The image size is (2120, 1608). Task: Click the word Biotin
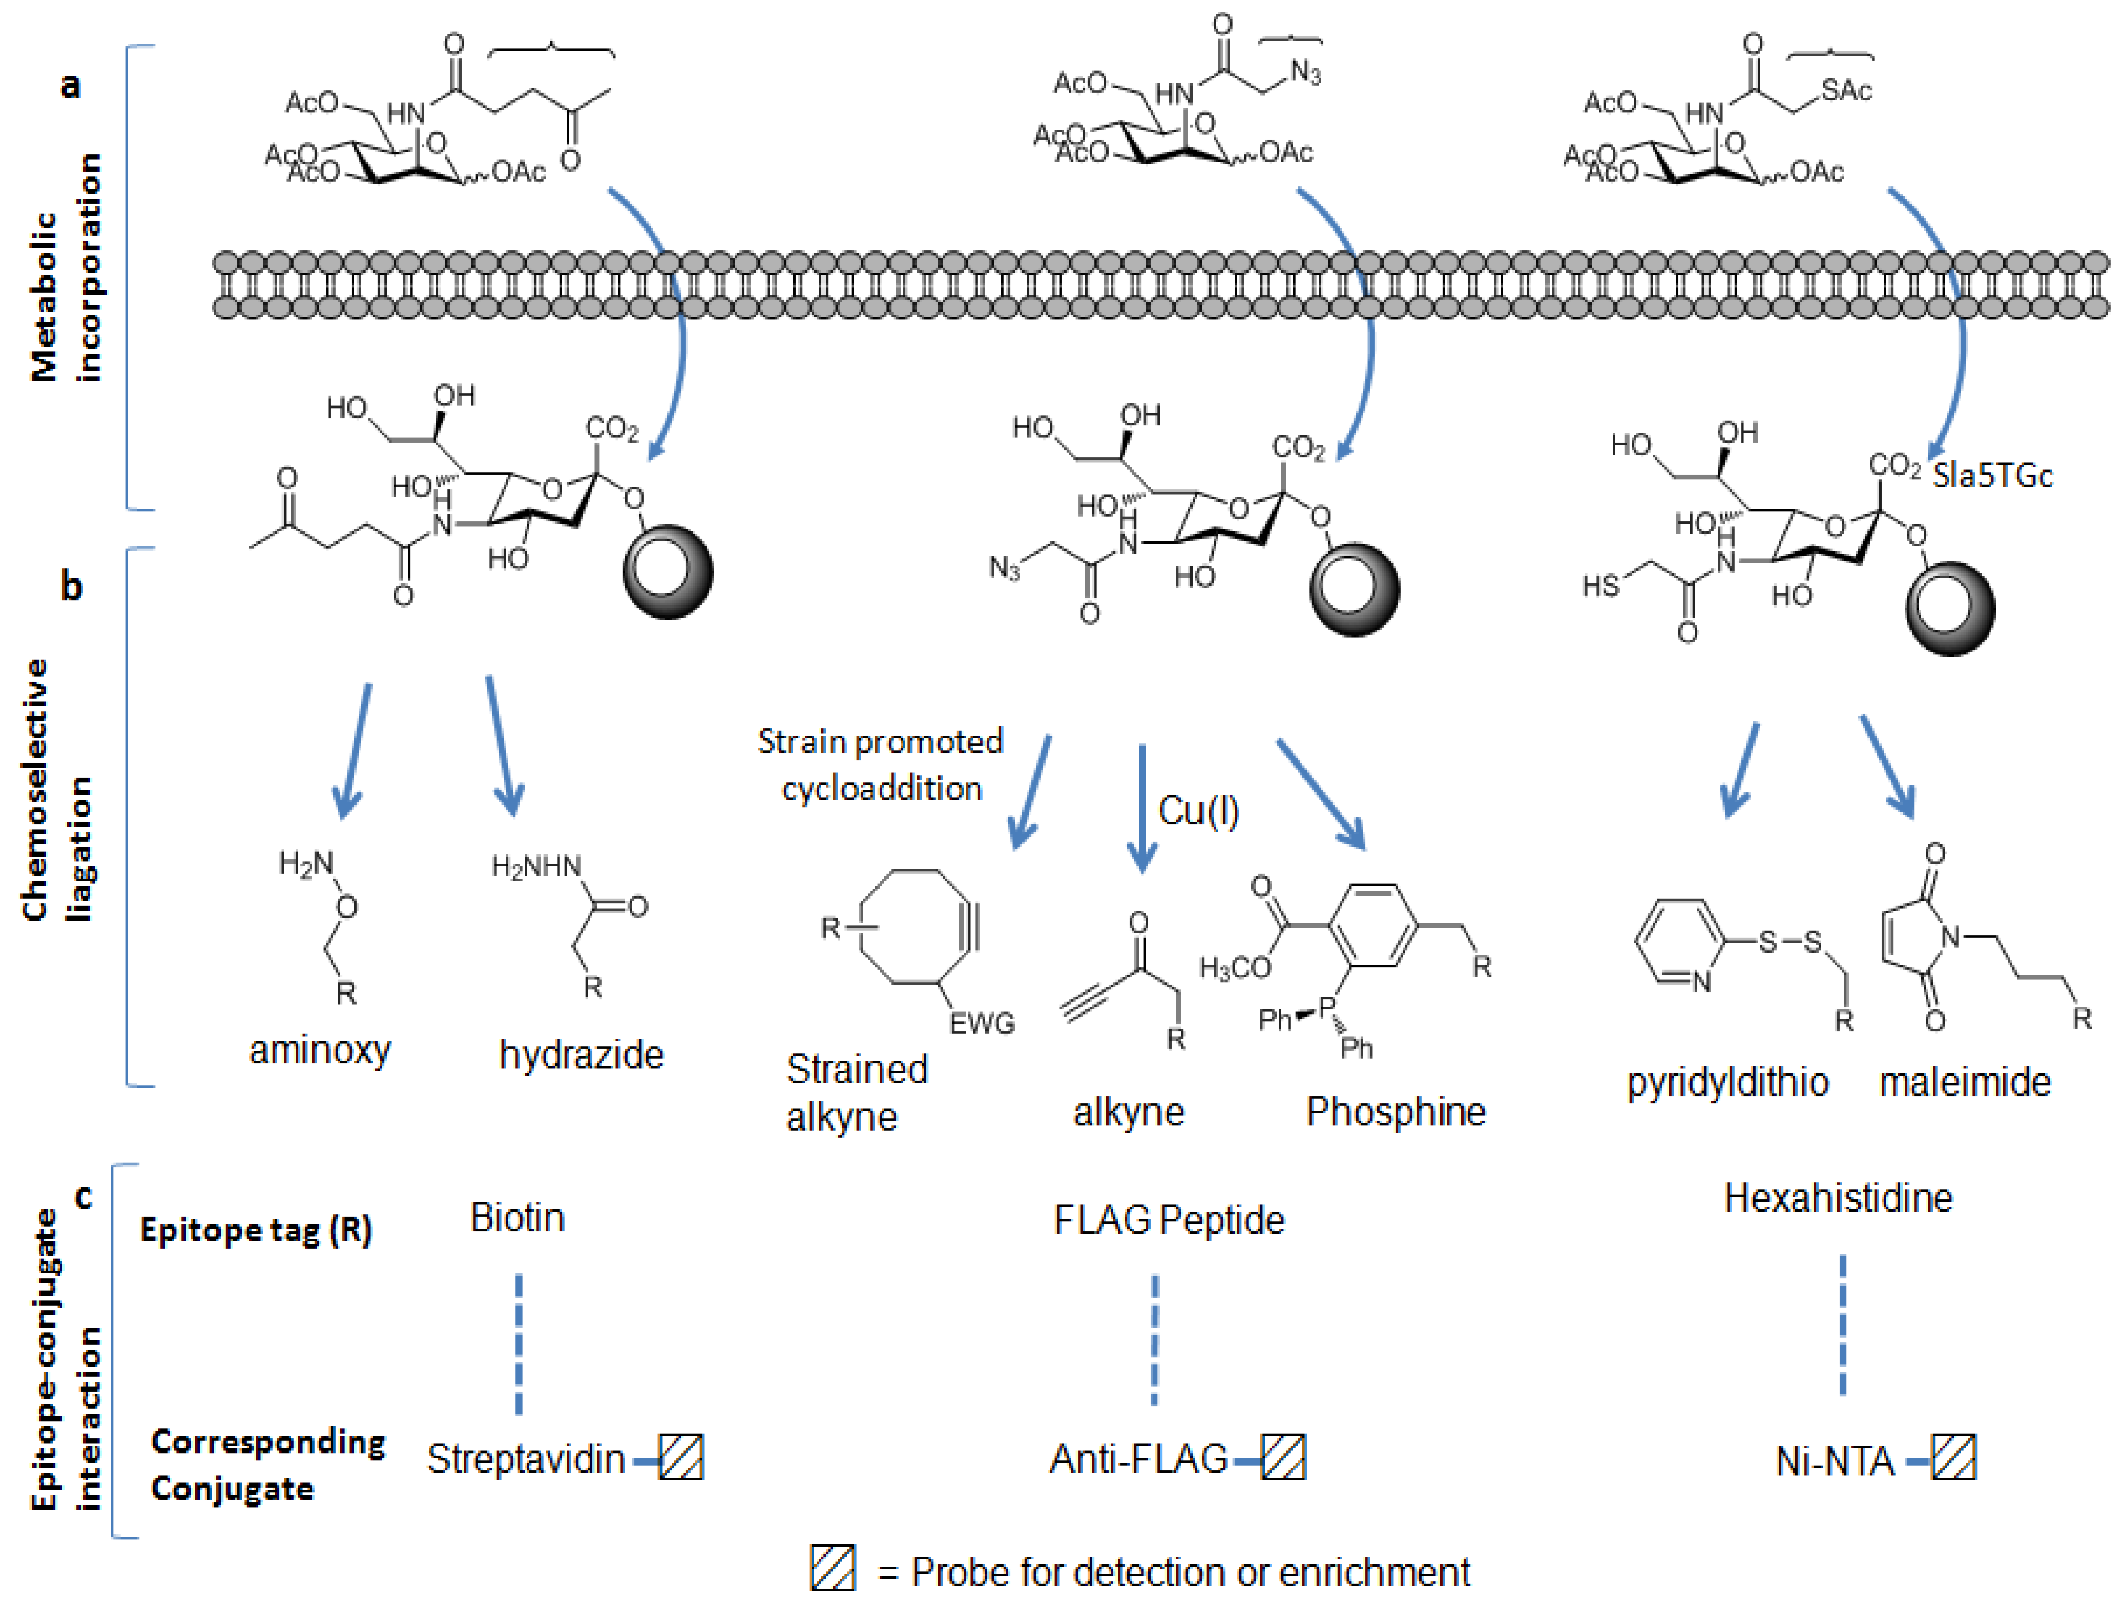(517, 1218)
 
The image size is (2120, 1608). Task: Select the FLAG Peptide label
(1168, 1220)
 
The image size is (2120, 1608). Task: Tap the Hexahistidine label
(1837, 1198)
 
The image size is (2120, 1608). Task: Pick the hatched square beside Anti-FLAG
(1283, 1458)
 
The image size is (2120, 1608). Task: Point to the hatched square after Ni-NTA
(1952, 1458)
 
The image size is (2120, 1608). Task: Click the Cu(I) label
(1198, 812)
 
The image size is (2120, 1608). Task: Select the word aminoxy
(320, 1050)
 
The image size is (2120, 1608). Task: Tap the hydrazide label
(581, 1055)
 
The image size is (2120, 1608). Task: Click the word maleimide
(1965, 1082)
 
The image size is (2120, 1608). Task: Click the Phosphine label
(1395, 1112)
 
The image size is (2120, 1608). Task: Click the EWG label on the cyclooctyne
(981, 1024)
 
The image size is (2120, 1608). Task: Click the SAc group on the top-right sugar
(1846, 91)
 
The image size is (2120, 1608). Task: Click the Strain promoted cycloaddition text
(880, 765)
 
